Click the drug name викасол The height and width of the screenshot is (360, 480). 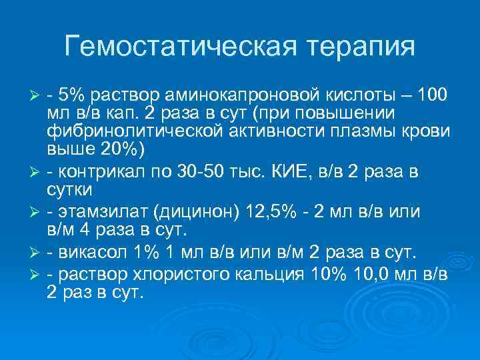pyautogui.click(x=87, y=253)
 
